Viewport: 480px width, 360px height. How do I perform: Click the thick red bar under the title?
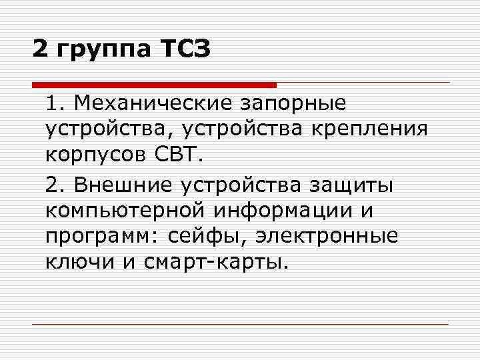point(154,85)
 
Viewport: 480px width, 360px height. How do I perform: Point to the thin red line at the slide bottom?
point(240,324)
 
